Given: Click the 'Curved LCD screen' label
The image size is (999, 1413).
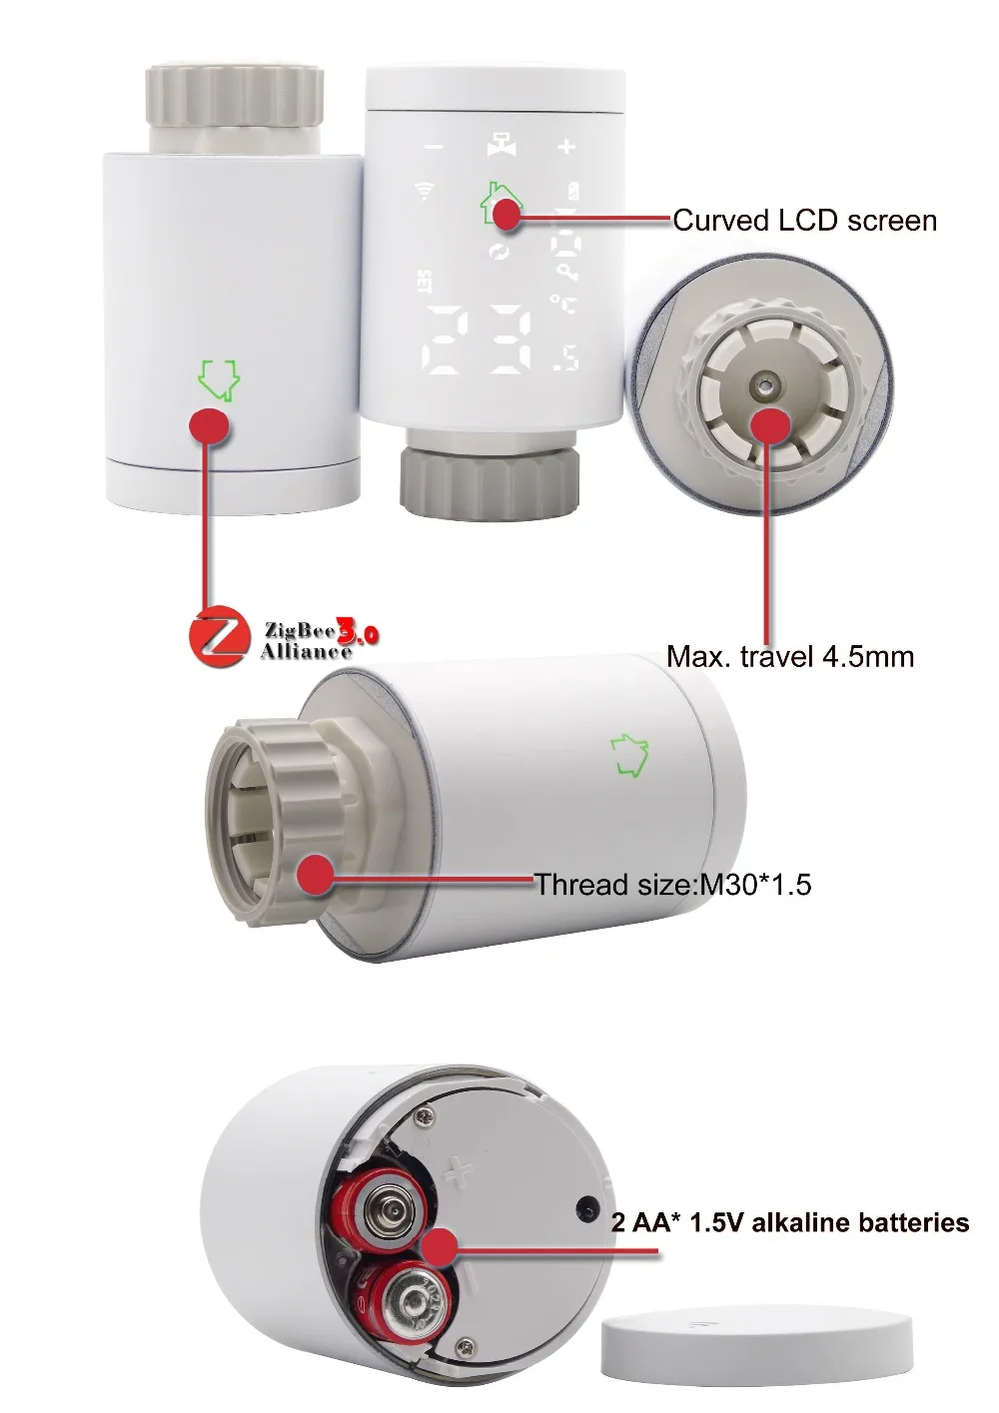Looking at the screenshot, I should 804,220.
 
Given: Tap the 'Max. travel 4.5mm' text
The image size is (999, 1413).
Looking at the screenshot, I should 790,656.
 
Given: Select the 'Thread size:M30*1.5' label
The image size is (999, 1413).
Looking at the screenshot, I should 672,884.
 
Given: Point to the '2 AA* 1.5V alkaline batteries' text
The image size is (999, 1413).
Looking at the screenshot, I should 790,1222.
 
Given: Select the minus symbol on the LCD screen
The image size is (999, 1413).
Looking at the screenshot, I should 433,148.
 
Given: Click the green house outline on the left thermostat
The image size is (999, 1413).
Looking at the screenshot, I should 221,378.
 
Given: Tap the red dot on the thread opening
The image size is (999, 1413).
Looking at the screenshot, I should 319,875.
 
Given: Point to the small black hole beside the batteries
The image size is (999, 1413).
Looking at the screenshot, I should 585,1209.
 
